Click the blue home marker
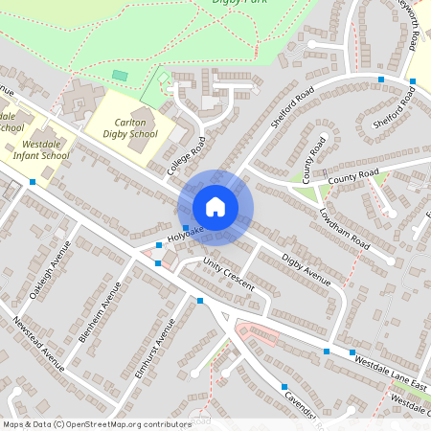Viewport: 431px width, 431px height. [215, 206]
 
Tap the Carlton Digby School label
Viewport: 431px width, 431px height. [131, 128]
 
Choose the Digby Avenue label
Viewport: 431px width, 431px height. [306, 269]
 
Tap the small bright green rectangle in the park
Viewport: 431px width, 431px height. [120, 75]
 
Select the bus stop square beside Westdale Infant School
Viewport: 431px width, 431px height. [33, 181]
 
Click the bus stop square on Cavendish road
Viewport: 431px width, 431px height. [284, 387]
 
